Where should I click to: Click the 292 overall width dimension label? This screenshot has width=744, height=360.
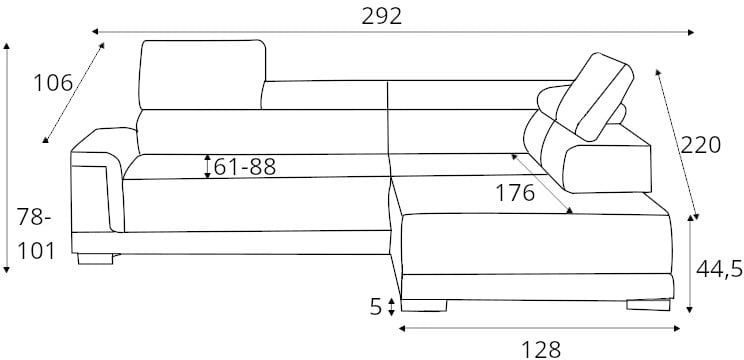[381, 17]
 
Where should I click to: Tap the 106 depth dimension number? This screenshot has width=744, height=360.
[53, 83]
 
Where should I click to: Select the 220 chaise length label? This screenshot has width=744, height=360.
[700, 145]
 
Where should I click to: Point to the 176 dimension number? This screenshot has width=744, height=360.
[515, 193]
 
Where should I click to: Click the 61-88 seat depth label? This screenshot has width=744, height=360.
[244, 167]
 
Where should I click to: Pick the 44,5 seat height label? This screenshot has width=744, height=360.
[719, 269]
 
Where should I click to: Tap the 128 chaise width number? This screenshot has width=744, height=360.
[541, 350]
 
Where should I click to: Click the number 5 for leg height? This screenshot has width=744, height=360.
[376, 307]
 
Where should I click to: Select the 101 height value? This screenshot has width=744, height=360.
[36, 251]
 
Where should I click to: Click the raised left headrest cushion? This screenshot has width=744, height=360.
[202, 74]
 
